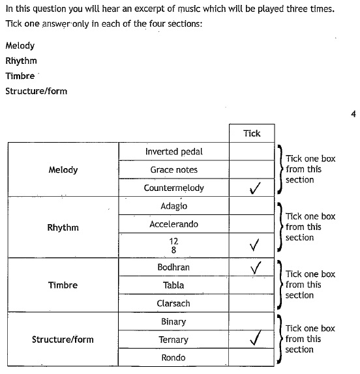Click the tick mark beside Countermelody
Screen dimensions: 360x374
click(255, 188)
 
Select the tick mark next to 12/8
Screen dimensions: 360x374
click(254, 245)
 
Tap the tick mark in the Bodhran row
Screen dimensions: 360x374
click(256, 268)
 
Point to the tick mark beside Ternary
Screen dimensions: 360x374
click(255, 338)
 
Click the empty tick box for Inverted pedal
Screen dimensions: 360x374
click(252, 151)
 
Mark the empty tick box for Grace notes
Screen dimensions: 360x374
click(252, 169)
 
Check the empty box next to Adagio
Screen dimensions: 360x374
click(252, 206)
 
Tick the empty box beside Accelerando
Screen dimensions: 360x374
click(252, 224)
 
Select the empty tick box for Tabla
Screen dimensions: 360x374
click(252, 285)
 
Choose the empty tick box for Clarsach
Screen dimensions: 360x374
click(252, 303)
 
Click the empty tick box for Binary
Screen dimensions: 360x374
click(252, 321)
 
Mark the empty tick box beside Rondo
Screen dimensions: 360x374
click(252, 357)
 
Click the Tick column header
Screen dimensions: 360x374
click(252, 134)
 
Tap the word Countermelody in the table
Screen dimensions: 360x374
click(173, 188)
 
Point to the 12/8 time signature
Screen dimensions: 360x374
click(173, 246)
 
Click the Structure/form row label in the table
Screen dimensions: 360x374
click(63, 339)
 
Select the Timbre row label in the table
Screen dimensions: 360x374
click(63, 285)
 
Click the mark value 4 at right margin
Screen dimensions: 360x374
click(353, 114)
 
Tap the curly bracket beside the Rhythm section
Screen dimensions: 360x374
click(280, 227)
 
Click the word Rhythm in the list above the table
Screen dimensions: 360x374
click(22, 61)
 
